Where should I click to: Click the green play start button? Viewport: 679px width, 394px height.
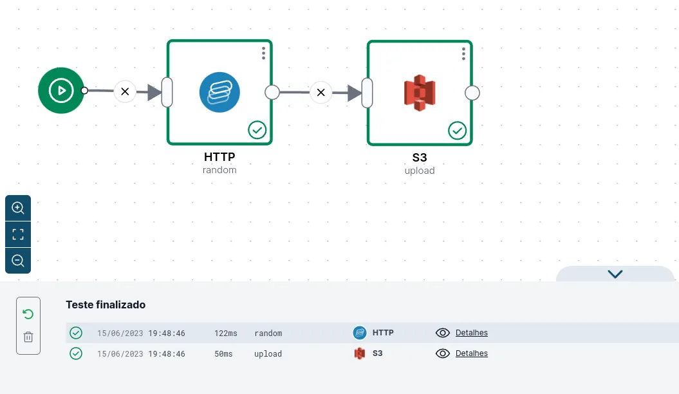(61, 91)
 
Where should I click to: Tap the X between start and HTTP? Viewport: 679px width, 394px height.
(125, 92)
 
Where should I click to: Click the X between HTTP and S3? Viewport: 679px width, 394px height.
(321, 92)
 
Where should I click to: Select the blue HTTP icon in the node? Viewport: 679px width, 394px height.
(219, 92)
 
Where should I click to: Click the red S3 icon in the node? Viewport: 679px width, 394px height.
(420, 93)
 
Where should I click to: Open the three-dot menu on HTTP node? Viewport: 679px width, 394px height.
(263, 53)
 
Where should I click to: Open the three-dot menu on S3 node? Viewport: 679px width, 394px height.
(463, 53)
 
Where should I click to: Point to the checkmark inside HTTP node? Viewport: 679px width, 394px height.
(257, 130)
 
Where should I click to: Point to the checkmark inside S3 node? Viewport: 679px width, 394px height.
(458, 131)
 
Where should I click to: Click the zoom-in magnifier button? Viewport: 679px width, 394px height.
(18, 208)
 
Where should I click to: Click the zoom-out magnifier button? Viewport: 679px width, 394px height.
(18, 261)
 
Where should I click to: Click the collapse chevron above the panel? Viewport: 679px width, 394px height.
(615, 274)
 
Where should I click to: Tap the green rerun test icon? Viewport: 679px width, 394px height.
(28, 314)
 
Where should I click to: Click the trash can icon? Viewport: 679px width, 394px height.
(28, 337)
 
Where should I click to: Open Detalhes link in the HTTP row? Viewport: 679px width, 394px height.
(472, 333)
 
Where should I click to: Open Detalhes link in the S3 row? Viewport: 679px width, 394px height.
(472, 353)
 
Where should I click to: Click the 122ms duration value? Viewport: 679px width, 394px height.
(226, 333)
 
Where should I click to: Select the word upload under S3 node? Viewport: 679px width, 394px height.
(420, 171)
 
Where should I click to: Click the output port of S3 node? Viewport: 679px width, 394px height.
(472, 93)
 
